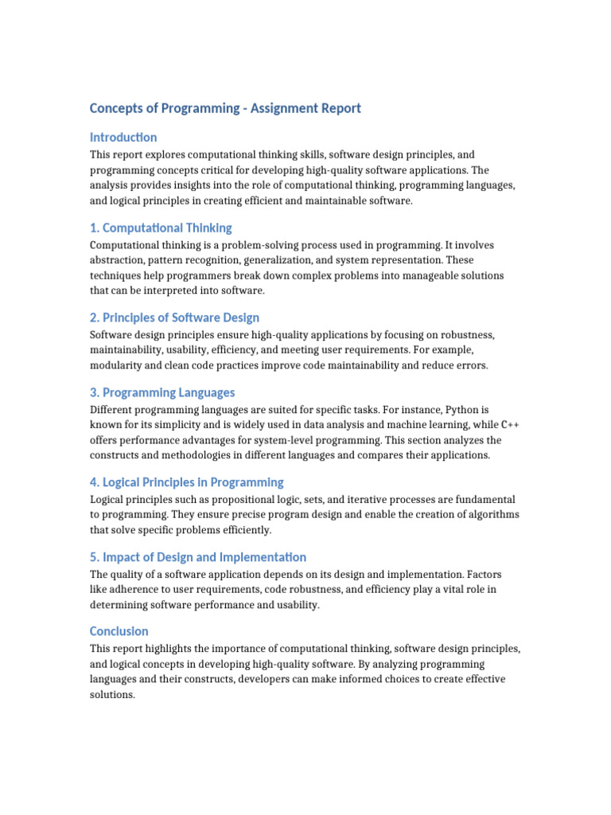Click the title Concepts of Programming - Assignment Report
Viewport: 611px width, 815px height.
click(x=225, y=108)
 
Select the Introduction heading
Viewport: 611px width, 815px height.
click(x=123, y=137)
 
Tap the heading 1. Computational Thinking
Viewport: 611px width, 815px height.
click(x=161, y=228)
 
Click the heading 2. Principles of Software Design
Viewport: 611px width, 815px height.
click(x=174, y=318)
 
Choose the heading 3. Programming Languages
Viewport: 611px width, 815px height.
click(x=162, y=392)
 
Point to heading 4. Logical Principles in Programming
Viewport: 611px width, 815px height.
click(x=186, y=482)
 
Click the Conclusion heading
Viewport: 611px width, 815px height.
click(x=119, y=631)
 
